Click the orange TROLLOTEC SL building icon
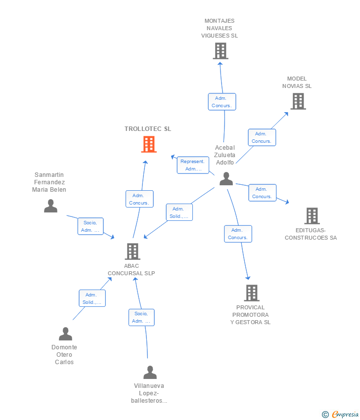(149, 144)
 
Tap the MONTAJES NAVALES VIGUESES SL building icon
(221, 51)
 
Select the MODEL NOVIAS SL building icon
(298, 101)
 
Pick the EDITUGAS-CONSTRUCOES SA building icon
(312, 215)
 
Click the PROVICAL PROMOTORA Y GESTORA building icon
(252, 293)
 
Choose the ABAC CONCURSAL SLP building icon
(133, 251)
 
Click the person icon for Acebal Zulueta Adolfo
(226, 179)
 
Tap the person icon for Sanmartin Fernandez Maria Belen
(50, 206)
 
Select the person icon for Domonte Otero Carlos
(65, 334)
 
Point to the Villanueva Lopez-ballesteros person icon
(150, 373)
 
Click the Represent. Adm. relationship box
(193, 165)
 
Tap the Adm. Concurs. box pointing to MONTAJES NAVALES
(222, 102)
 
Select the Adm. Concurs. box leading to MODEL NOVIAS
(262, 137)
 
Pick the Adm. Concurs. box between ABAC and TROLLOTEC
(139, 199)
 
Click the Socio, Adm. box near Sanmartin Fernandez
(90, 226)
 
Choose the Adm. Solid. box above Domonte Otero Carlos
(92, 298)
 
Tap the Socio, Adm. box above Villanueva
(141, 317)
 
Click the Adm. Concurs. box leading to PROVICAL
(238, 234)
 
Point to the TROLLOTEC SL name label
(148, 129)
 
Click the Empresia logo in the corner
(340, 415)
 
